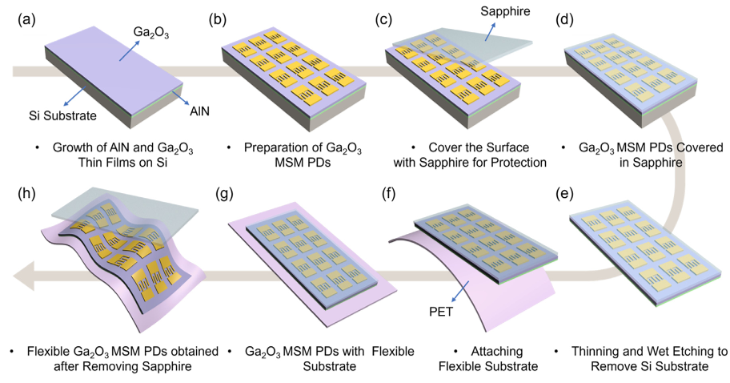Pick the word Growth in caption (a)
73,148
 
